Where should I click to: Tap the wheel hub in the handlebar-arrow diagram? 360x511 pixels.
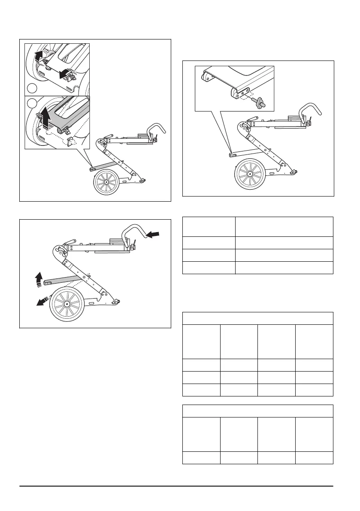tap(67, 304)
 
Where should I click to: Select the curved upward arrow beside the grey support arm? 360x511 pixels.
tap(39, 279)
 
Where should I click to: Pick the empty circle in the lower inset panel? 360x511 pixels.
tap(31, 103)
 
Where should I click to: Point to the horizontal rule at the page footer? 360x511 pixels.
tap(176, 486)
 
